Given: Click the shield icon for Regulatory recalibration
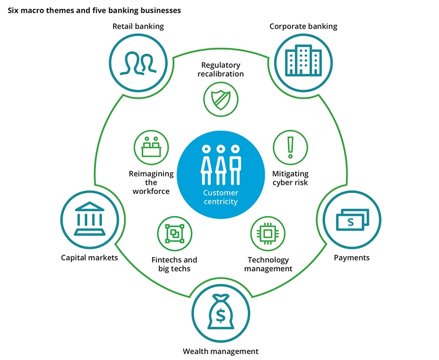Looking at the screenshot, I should coord(220,100).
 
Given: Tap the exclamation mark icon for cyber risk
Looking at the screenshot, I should coord(290,147).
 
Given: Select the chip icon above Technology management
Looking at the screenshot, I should coord(267,234).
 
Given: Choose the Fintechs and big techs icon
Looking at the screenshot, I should coord(174,234).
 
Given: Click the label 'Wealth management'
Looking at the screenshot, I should coord(220,351).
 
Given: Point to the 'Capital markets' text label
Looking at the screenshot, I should coord(89,258).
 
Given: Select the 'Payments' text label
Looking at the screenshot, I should coord(351,258).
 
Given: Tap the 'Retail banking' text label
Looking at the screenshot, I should coord(139,26).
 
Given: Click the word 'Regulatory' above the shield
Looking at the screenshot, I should coord(221,65).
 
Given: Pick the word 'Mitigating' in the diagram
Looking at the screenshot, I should coord(290,174).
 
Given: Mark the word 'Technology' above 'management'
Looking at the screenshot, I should coord(268,260).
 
